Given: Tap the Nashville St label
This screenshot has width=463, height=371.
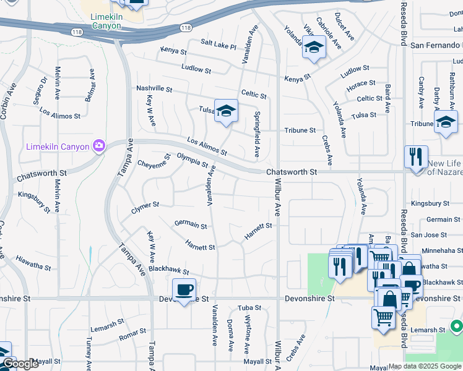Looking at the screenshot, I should coord(154,88).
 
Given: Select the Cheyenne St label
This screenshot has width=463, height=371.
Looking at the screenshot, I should coord(154,163).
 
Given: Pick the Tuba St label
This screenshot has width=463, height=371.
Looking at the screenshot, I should coord(249,307).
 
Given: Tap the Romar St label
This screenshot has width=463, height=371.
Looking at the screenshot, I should coord(132,335).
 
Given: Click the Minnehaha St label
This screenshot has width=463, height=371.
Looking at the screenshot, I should coord(437,250).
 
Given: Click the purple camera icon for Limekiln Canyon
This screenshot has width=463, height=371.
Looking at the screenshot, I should coord(98,146).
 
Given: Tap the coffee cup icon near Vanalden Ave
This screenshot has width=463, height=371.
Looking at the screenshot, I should coord(184,289).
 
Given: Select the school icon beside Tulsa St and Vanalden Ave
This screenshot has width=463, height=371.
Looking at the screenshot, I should coord(226,111).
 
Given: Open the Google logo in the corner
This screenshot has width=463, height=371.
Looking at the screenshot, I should coord(20,364).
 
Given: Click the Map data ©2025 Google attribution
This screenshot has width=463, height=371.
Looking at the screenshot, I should coord(424,366).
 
